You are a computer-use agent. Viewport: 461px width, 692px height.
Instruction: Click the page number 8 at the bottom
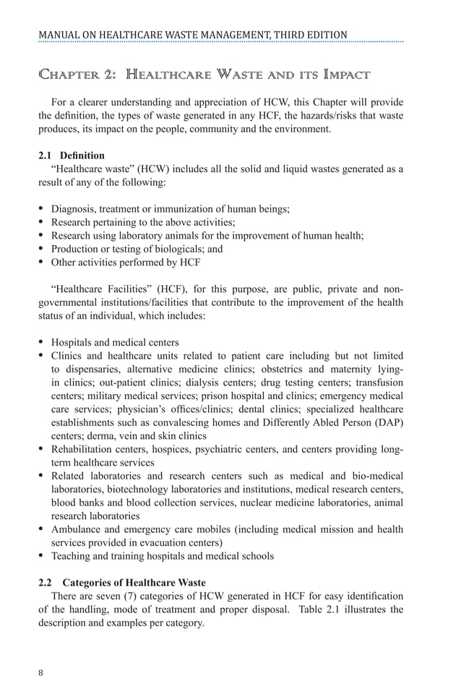[41, 672]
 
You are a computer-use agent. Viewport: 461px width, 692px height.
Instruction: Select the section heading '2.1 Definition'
[72, 155]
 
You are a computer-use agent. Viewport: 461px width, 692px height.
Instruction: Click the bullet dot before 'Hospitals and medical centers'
[42, 342]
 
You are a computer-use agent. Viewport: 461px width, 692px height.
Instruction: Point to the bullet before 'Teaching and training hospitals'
[42, 556]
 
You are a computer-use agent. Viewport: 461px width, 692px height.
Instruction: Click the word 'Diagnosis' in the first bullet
[72, 209]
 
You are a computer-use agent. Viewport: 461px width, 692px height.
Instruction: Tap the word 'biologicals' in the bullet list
[163, 249]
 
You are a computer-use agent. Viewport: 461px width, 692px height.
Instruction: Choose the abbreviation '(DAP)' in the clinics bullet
[388, 422]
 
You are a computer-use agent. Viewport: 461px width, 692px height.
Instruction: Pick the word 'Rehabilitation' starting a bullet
[80, 449]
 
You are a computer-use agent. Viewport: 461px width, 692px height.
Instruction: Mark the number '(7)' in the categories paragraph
[117, 596]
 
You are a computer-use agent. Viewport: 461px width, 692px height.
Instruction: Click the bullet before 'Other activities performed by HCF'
[42, 262]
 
